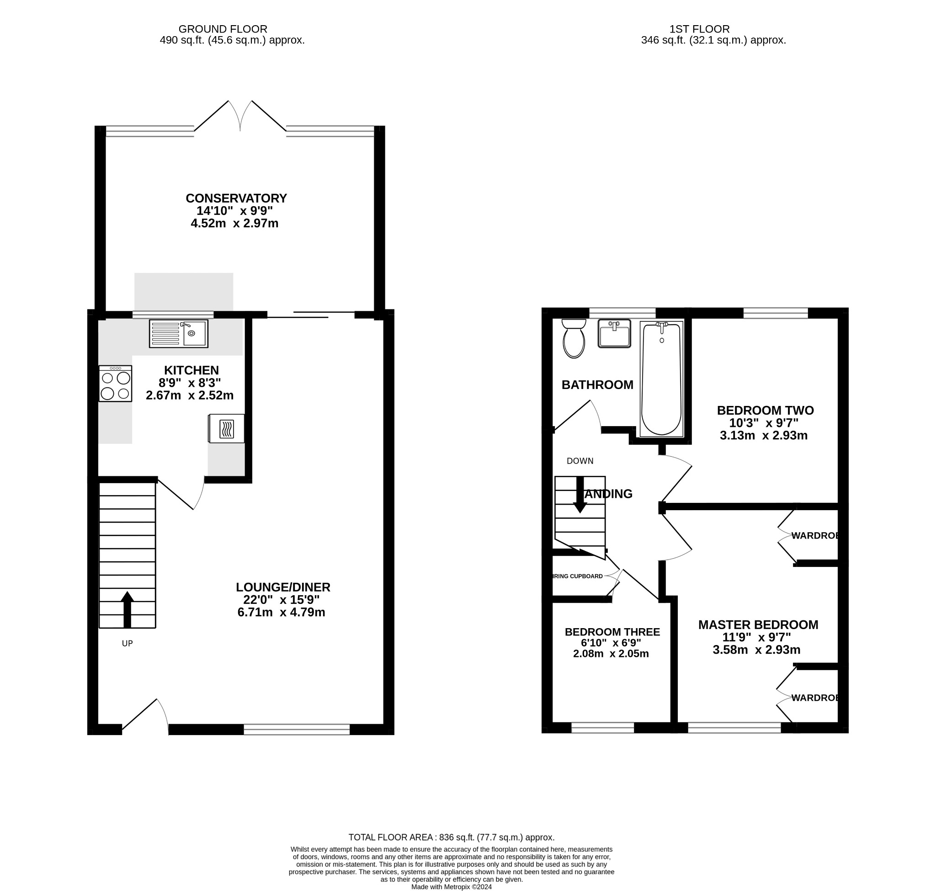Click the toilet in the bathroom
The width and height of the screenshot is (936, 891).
coord(574,339)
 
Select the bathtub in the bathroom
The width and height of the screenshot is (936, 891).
coord(661,379)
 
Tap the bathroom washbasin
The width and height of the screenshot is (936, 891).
coord(614,333)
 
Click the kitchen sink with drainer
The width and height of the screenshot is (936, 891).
coord(179,333)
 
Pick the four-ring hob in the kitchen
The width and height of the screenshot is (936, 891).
coord(115,383)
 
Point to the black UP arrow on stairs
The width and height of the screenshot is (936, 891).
coord(127,610)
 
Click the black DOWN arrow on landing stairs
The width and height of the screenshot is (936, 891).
coord(580,496)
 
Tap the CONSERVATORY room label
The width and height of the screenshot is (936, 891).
coord(236,198)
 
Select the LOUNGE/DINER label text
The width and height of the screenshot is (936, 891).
coord(283,587)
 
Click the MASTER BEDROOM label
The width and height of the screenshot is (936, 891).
coord(758,624)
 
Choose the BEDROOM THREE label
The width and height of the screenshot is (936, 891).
coord(612,632)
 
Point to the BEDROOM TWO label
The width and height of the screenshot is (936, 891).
coord(765,410)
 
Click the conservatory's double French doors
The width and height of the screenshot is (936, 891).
coord(240,117)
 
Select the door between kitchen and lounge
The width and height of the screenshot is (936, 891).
coord(181,495)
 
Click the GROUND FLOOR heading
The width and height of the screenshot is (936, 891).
coord(223,29)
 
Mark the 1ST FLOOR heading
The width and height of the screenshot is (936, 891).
coord(699,29)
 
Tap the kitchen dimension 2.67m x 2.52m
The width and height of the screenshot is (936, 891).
coord(190,395)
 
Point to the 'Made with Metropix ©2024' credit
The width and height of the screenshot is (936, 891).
coord(451,887)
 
